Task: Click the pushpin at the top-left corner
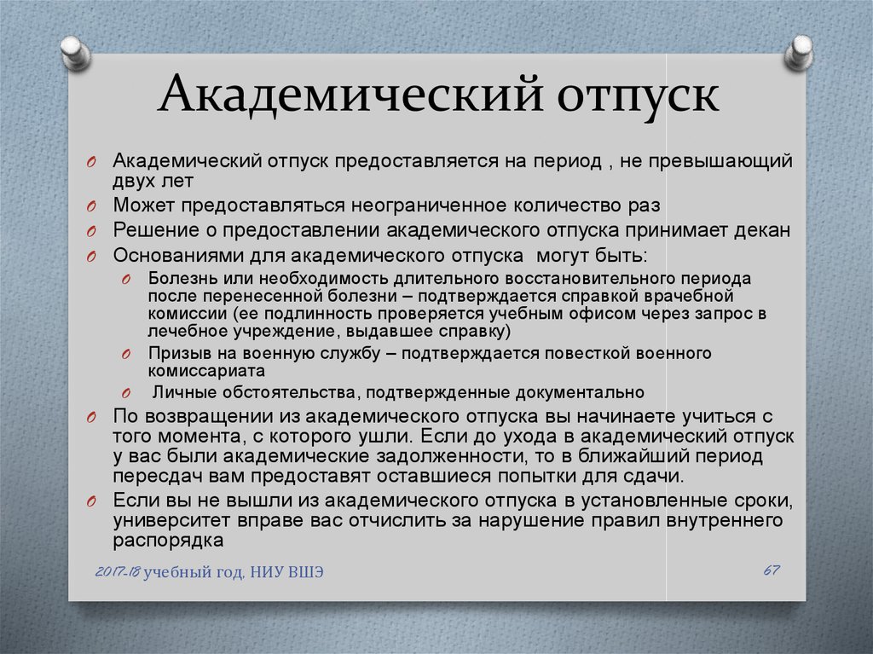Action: click(x=76, y=53)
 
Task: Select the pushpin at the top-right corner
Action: click(x=800, y=53)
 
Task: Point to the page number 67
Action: click(x=771, y=570)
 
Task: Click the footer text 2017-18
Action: click(x=118, y=571)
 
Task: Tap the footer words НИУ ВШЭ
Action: click(x=286, y=572)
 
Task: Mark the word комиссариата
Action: click(x=206, y=371)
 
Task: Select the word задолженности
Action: click(x=451, y=457)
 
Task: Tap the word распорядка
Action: click(x=168, y=541)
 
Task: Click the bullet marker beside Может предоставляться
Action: click(x=91, y=206)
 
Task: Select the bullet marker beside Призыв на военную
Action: click(x=126, y=355)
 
